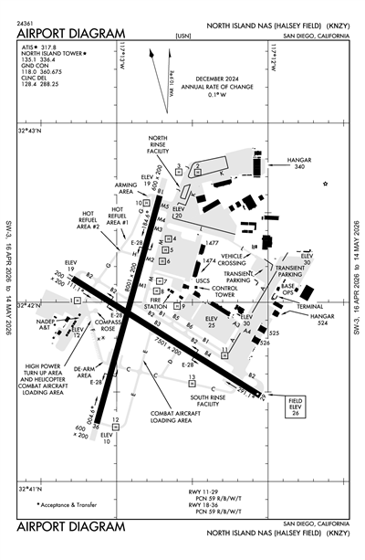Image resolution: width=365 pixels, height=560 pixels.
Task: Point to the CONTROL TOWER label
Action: tap(223, 294)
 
